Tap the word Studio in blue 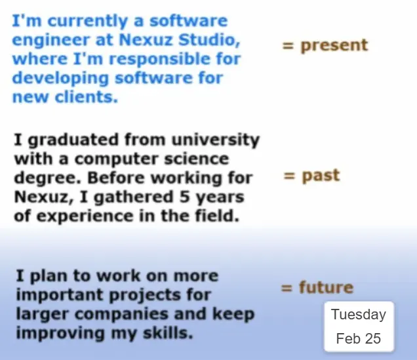209,40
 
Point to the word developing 60,79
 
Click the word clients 87,97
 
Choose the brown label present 334,46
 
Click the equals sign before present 288,46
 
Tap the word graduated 73,140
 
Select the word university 216,140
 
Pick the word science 196,159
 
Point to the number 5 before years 184,197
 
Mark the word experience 85,216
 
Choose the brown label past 321,176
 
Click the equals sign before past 289,176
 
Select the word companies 121,314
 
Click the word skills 168,333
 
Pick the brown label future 327,288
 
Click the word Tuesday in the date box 359,315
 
